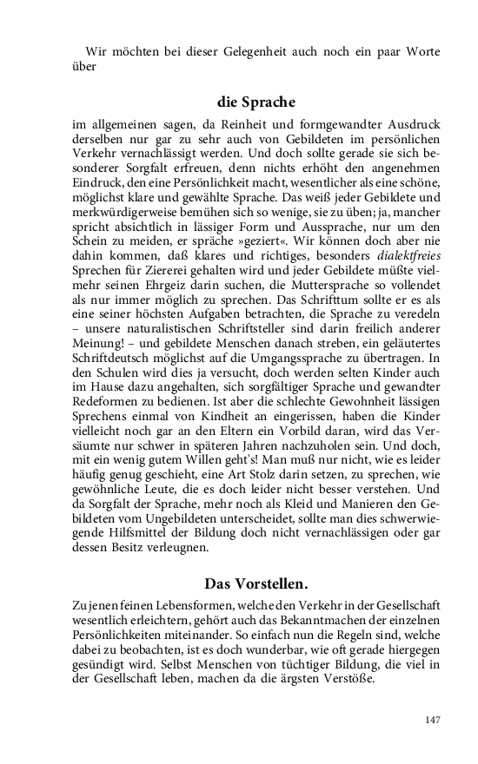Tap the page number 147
coord(432,720)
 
